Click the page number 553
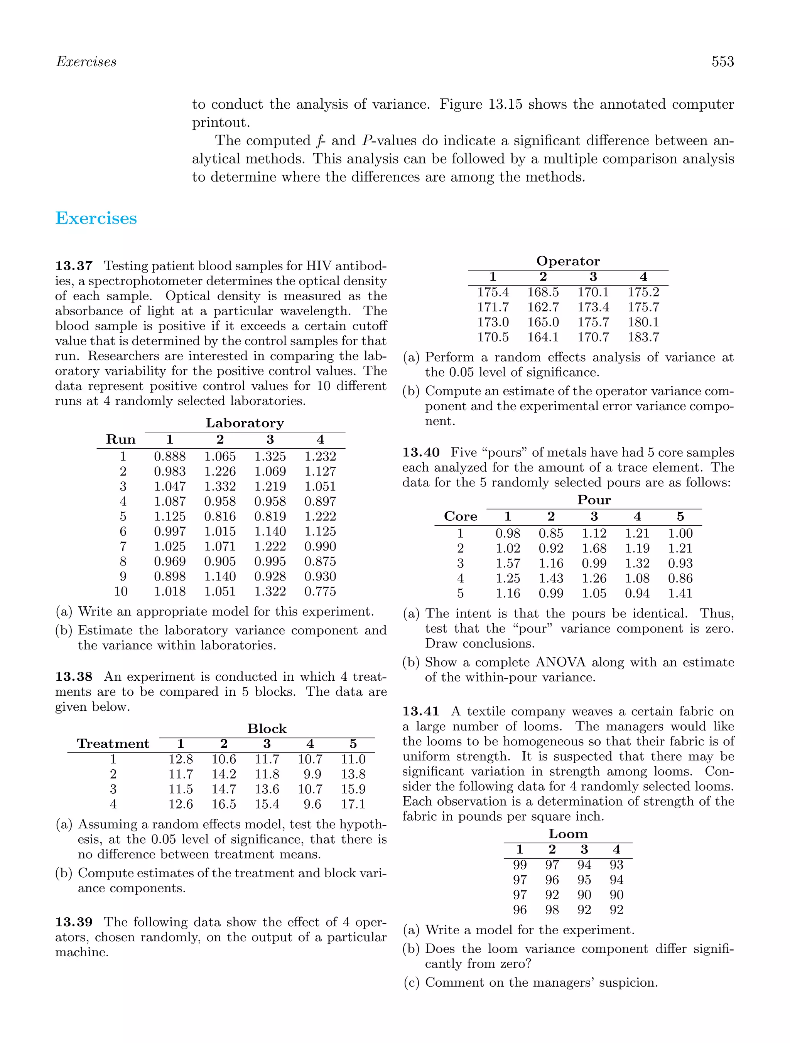tap(722, 62)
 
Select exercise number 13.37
tap(74, 266)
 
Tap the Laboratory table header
tap(245, 423)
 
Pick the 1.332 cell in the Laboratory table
tap(220, 486)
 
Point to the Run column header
tap(121, 439)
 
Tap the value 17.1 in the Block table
tap(353, 804)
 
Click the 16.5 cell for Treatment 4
tap(224, 804)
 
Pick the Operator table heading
tap(568, 261)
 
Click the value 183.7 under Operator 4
tap(643, 337)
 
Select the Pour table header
tap(594, 500)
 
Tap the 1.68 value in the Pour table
tap(594, 548)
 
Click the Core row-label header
tap(460, 516)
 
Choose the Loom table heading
tap(568, 834)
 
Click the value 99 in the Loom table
tap(520, 865)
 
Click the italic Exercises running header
tap(86, 62)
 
